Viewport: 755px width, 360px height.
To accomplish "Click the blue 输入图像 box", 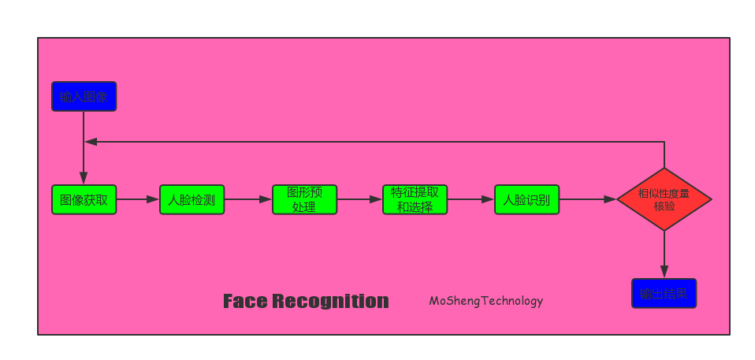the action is (84, 96).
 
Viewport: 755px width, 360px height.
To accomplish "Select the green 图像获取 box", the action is (84, 199).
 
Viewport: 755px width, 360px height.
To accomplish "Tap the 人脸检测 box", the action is (192, 199).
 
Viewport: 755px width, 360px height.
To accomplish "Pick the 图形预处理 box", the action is (304, 199).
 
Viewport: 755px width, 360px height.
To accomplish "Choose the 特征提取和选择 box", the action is (415, 199).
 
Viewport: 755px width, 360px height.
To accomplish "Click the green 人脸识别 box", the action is (526, 199).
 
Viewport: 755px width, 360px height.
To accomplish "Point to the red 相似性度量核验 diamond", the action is (664, 199).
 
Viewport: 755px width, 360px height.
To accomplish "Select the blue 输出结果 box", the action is (664, 293).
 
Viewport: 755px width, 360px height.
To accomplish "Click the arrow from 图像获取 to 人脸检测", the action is (138, 199).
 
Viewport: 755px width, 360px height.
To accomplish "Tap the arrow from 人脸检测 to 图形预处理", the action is (248, 199).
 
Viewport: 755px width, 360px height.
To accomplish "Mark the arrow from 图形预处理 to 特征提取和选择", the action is (359, 199).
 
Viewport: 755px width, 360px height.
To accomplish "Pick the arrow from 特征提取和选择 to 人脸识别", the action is (470, 199).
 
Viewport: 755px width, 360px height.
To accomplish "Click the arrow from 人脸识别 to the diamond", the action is (587, 199).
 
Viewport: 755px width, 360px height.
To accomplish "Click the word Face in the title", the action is (244, 301).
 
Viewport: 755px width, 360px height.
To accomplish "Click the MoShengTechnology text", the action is (485, 301).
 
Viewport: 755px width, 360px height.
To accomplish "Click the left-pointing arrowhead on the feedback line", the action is (91, 142).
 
